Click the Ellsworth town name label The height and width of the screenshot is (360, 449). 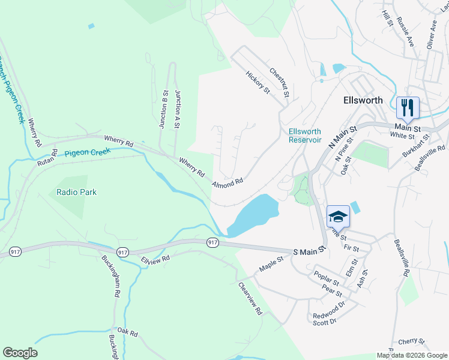click(363, 100)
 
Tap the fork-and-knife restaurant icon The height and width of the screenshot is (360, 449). click(408, 108)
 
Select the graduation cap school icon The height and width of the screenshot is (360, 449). click(338, 216)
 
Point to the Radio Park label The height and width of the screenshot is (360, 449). click(77, 193)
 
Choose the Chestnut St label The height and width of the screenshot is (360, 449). click(280, 82)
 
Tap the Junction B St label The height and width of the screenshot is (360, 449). click(163, 109)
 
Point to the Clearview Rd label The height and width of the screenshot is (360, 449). click(250, 299)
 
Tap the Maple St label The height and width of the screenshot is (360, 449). click(271, 262)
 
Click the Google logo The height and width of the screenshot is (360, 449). click(20, 353)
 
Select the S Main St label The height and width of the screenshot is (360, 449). click(309, 250)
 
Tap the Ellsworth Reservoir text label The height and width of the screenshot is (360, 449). click(305, 136)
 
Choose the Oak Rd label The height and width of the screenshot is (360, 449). click(128, 331)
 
